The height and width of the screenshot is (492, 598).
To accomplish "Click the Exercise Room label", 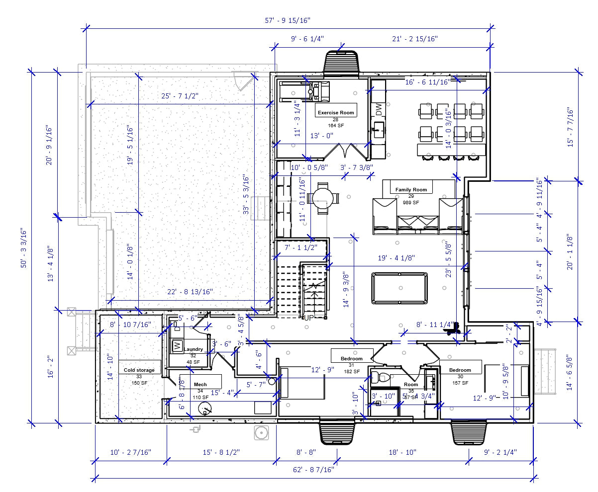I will [336, 113].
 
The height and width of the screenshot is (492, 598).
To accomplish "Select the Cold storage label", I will [139, 370].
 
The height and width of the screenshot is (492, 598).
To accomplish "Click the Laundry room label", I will [193, 349].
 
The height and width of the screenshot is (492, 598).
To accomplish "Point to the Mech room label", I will [200, 385].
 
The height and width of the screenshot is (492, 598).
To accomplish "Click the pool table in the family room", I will [399, 288].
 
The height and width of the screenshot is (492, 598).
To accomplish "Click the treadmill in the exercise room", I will [304, 91].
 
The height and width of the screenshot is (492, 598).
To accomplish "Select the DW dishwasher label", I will [379, 109].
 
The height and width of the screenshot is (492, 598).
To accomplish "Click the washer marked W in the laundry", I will [176, 345].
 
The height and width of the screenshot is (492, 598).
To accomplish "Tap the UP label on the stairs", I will [309, 317].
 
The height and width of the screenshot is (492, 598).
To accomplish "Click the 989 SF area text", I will [411, 202].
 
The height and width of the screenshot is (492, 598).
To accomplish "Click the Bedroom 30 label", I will [460, 370].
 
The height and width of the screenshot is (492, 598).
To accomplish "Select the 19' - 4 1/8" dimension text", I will [397, 258].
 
